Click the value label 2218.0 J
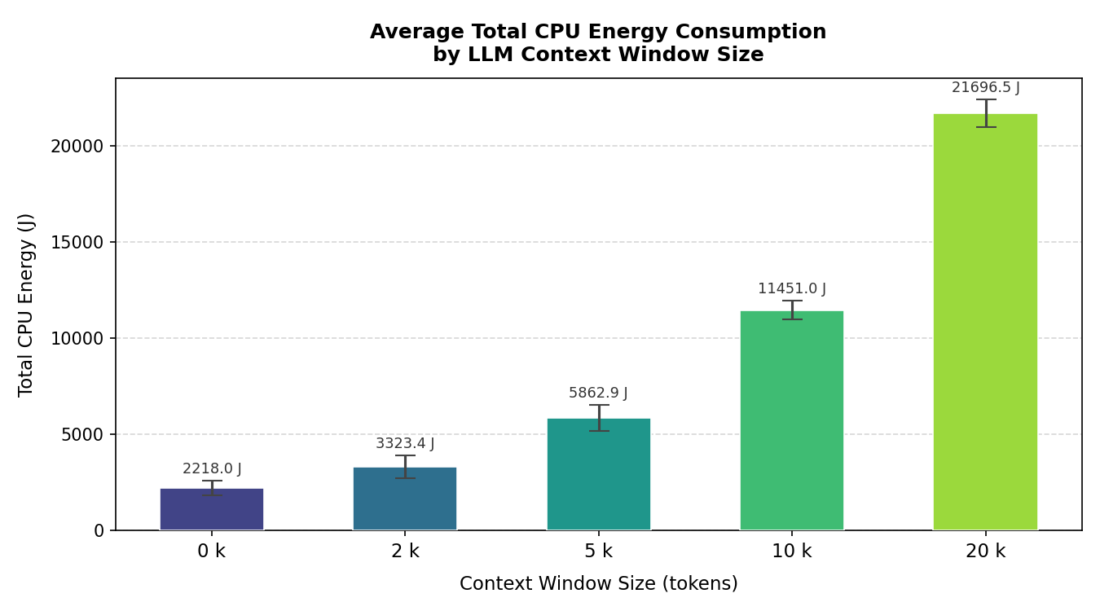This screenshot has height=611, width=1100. coord(212,469)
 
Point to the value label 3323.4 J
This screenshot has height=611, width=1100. coord(405,444)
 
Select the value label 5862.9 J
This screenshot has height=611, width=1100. coord(598,393)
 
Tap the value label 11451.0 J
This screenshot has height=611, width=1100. coord(791,289)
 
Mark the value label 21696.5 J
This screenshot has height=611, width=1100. coord(985,88)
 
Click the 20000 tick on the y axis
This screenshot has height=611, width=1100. coord(77,147)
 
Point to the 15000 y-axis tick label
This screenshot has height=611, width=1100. coord(77,243)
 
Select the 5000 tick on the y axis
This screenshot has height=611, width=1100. coord(82,435)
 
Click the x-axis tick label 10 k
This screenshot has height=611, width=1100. coord(791,552)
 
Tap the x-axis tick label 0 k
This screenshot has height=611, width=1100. coord(212,552)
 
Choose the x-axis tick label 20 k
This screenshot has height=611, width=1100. coord(985,552)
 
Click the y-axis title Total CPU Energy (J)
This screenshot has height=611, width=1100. coord(27,305)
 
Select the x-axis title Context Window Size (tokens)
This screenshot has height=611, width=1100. coord(598,584)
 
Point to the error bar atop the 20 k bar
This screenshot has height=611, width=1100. coord(985,112)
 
